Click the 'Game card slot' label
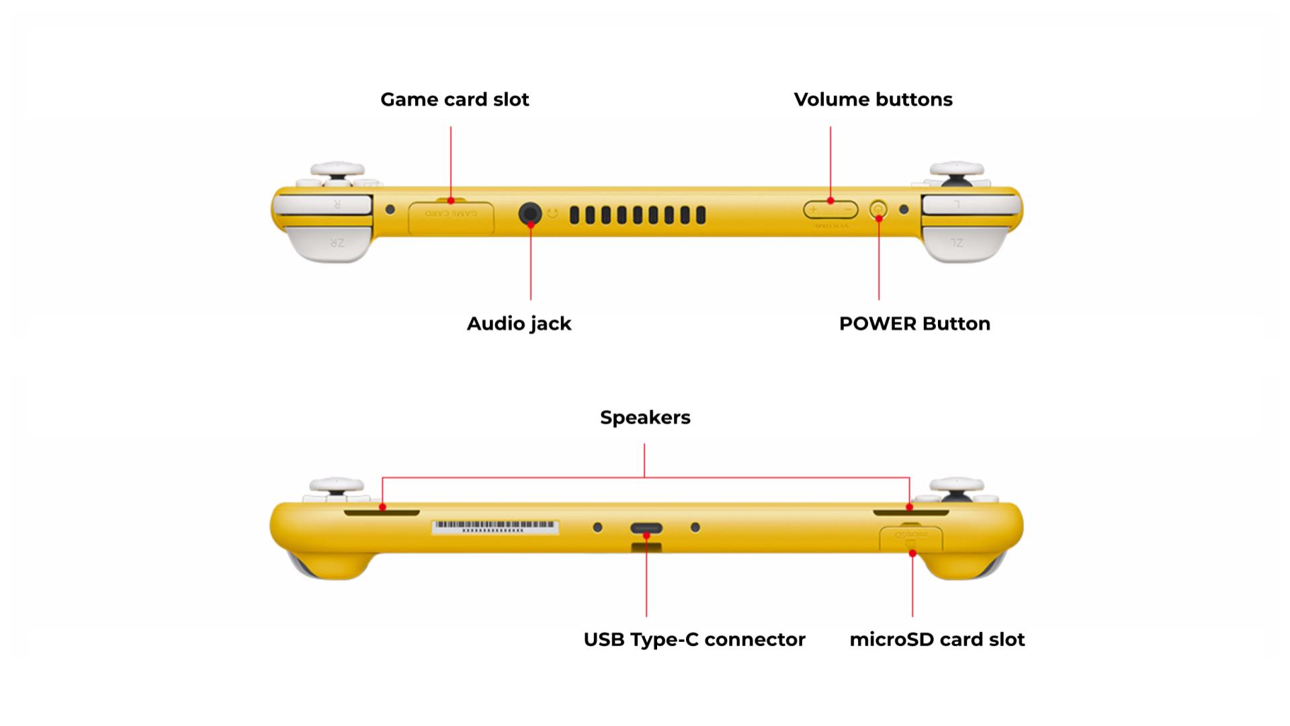click(x=454, y=99)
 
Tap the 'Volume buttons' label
click(x=873, y=99)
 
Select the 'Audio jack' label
click(x=519, y=323)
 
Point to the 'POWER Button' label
click(x=914, y=323)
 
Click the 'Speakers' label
click(x=645, y=417)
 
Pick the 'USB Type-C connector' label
click(x=694, y=639)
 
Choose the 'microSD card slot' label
click(x=937, y=639)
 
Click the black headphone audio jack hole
click(x=530, y=214)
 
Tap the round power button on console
click(x=877, y=210)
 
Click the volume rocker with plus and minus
click(x=830, y=210)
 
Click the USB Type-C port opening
click(x=646, y=528)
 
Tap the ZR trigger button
click(x=331, y=243)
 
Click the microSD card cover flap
click(x=911, y=538)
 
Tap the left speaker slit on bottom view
click(x=382, y=513)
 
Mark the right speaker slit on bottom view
click(x=910, y=513)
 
